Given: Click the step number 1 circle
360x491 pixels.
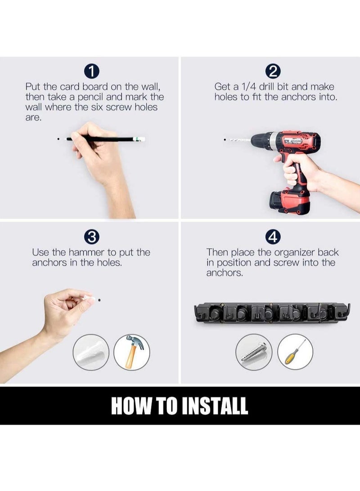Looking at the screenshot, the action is [x=91, y=71].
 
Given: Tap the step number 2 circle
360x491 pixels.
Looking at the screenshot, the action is [x=273, y=71].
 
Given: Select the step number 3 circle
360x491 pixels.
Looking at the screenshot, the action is [x=91, y=237].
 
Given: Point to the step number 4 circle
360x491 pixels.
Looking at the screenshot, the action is [x=273, y=237].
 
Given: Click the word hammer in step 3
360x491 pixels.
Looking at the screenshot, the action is [x=86, y=252].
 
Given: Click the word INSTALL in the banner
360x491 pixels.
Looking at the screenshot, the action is [x=215, y=406].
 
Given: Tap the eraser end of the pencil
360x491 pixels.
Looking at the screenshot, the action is [x=141, y=139].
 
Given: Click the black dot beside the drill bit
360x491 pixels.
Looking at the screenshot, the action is [x=225, y=140].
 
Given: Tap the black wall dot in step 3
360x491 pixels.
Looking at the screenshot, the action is [x=99, y=300].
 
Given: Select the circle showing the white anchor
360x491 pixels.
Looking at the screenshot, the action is [x=91, y=352].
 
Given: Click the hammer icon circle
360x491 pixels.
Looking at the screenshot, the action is [x=131, y=352].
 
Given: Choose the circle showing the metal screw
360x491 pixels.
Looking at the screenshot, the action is [x=254, y=352].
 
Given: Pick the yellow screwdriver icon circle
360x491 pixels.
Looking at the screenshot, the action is [x=295, y=352].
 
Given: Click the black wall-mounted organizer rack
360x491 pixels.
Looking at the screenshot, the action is [x=272, y=313].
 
